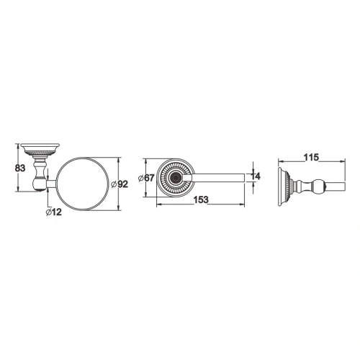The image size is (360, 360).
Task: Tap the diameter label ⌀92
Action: click(x=121, y=184)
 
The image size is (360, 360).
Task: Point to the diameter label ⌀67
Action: click(x=150, y=179)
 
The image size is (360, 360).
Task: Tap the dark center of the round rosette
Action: click(x=174, y=176)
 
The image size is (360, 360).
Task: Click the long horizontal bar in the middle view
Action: click(x=216, y=176)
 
